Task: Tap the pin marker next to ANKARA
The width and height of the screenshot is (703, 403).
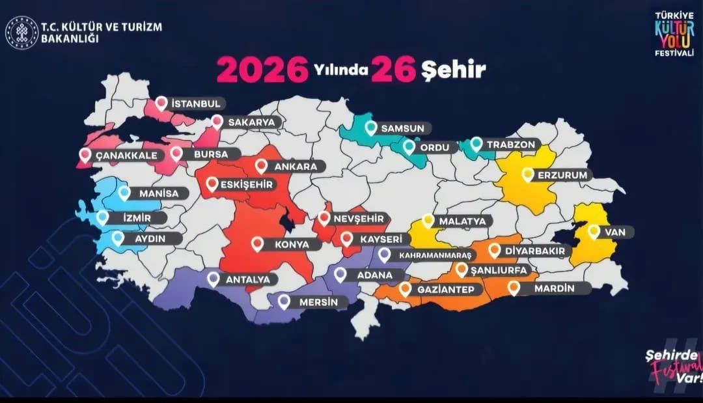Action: coord(262,166)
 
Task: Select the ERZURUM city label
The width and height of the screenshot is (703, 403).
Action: coord(562,175)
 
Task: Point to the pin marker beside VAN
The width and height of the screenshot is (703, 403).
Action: coord(594,230)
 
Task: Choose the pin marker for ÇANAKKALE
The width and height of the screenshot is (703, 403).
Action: coord(85,155)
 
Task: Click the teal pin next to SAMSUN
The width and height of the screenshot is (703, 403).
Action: coord(371,128)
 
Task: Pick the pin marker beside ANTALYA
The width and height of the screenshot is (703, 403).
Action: coord(214,279)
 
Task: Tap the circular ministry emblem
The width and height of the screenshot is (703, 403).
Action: coord(21,33)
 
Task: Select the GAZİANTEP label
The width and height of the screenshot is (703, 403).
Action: coord(446,289)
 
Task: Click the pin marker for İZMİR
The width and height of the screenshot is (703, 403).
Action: coord(102,217)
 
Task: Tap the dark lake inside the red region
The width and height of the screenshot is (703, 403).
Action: coord(288,223)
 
